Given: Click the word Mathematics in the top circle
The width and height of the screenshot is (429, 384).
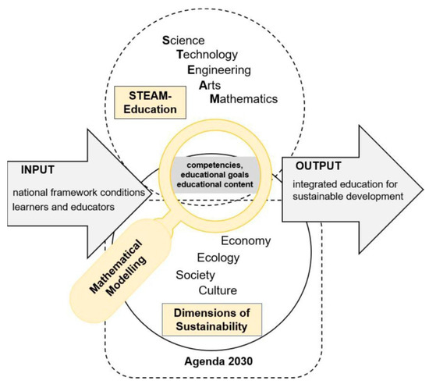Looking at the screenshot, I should pyautogui.click(x=243, y=99).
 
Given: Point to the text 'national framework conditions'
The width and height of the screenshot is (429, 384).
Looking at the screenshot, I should pyautogui.click(x=75, y=193).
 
